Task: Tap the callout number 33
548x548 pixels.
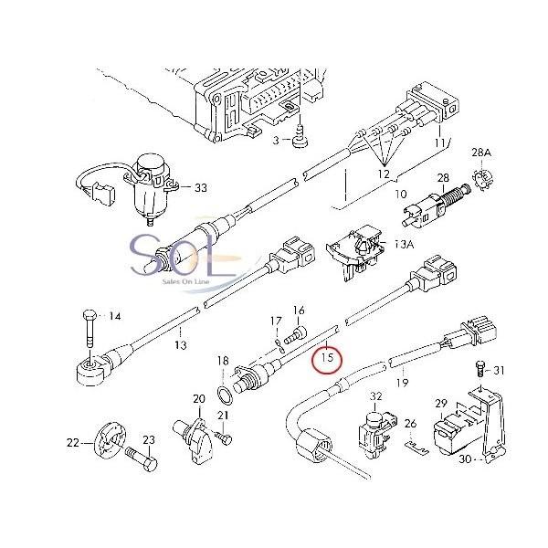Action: point(201,187)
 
